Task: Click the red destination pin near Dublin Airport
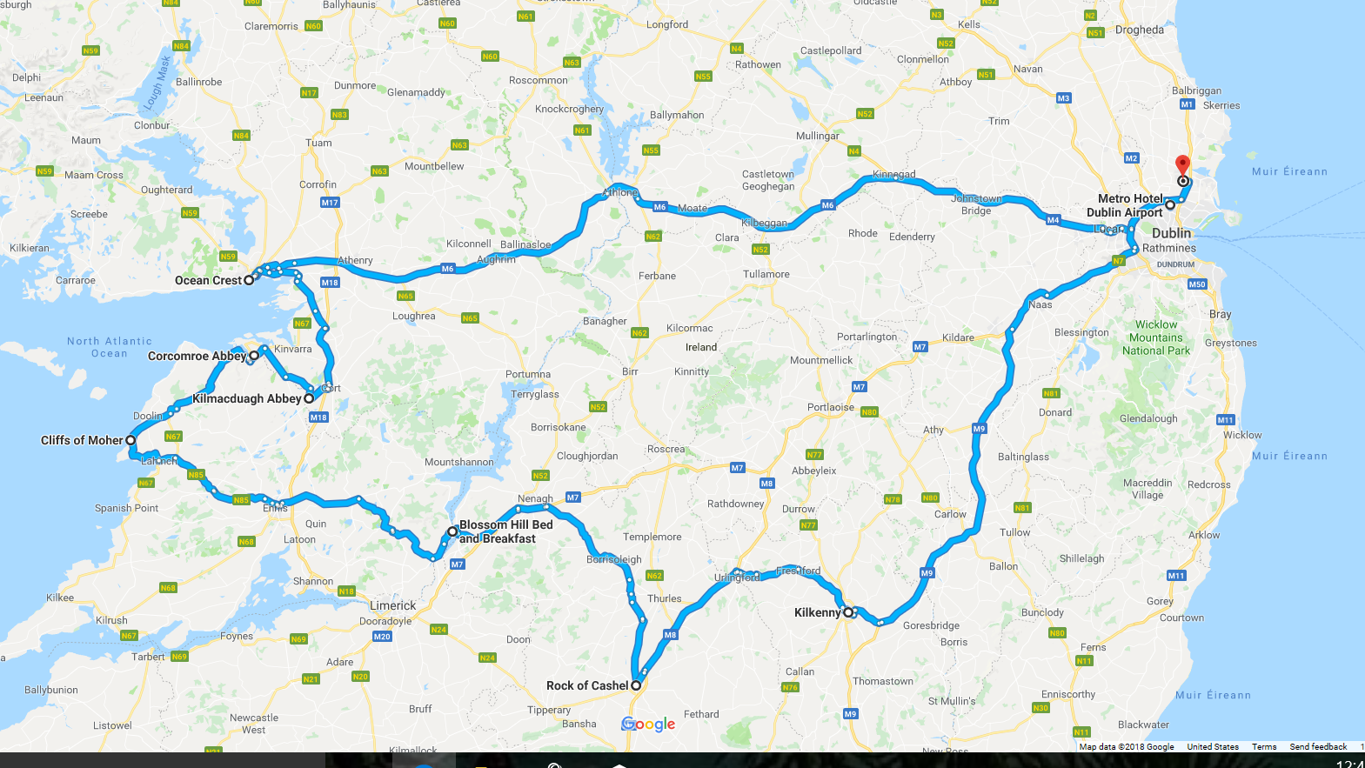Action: pyautogui.click(x=1182, y=165)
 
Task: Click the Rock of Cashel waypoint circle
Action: pyautogui.click(x=636, y=685)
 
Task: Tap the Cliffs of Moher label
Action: pyautogui.click(x=82, y=440)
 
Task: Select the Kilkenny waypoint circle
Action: pyautogui.click(x=848, y=612)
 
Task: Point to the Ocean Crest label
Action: pyautogui.click(x=208, y=280)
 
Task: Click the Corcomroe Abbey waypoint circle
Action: pyautogui.click(x=254, y=356)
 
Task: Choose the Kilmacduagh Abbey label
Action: pyautogui.click(x=246, y=398)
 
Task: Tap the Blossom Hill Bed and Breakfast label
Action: pyautogui.click(x=505, y=531)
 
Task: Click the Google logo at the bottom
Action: pyautogui.click(x=648, y=724)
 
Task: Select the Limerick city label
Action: pyautogui.click(x=393, y=605)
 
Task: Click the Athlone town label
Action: pyautogui.click(x=620, y=192)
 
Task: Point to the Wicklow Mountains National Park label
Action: pyautogui.click(x=1156, y=337)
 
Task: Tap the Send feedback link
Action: pyautogui.click(x=1318, y=746)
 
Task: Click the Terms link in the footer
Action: pyautogui.click(x=1264, y=746)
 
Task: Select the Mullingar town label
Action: pyautogui.click(x=818, y=136)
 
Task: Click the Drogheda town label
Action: pyautogui.click(x=1139, y=30)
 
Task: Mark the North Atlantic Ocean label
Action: pyautogui.click(x=110, y=347)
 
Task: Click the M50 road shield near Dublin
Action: pyautogui.click(x=1197, y=284)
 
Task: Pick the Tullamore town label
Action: pyautogui.click(x=766, y=274)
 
